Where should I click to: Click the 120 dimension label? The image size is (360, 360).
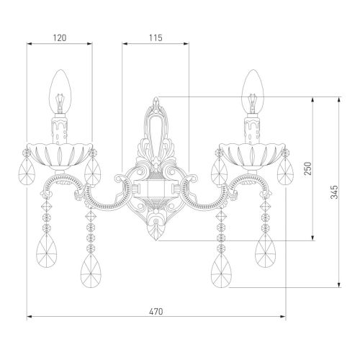[60, 38]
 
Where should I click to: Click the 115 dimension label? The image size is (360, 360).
[156, 38]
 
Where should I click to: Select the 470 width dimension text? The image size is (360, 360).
[156, 312]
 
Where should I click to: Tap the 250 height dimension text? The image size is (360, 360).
[308, 168]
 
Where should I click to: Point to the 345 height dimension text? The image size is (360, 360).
[334, 192]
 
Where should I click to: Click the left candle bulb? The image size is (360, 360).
[60, 91]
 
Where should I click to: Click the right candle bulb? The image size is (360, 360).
[253, 91]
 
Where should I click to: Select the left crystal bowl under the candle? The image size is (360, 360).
[60, 156]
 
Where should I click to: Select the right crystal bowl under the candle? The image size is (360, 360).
[253, 156]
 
